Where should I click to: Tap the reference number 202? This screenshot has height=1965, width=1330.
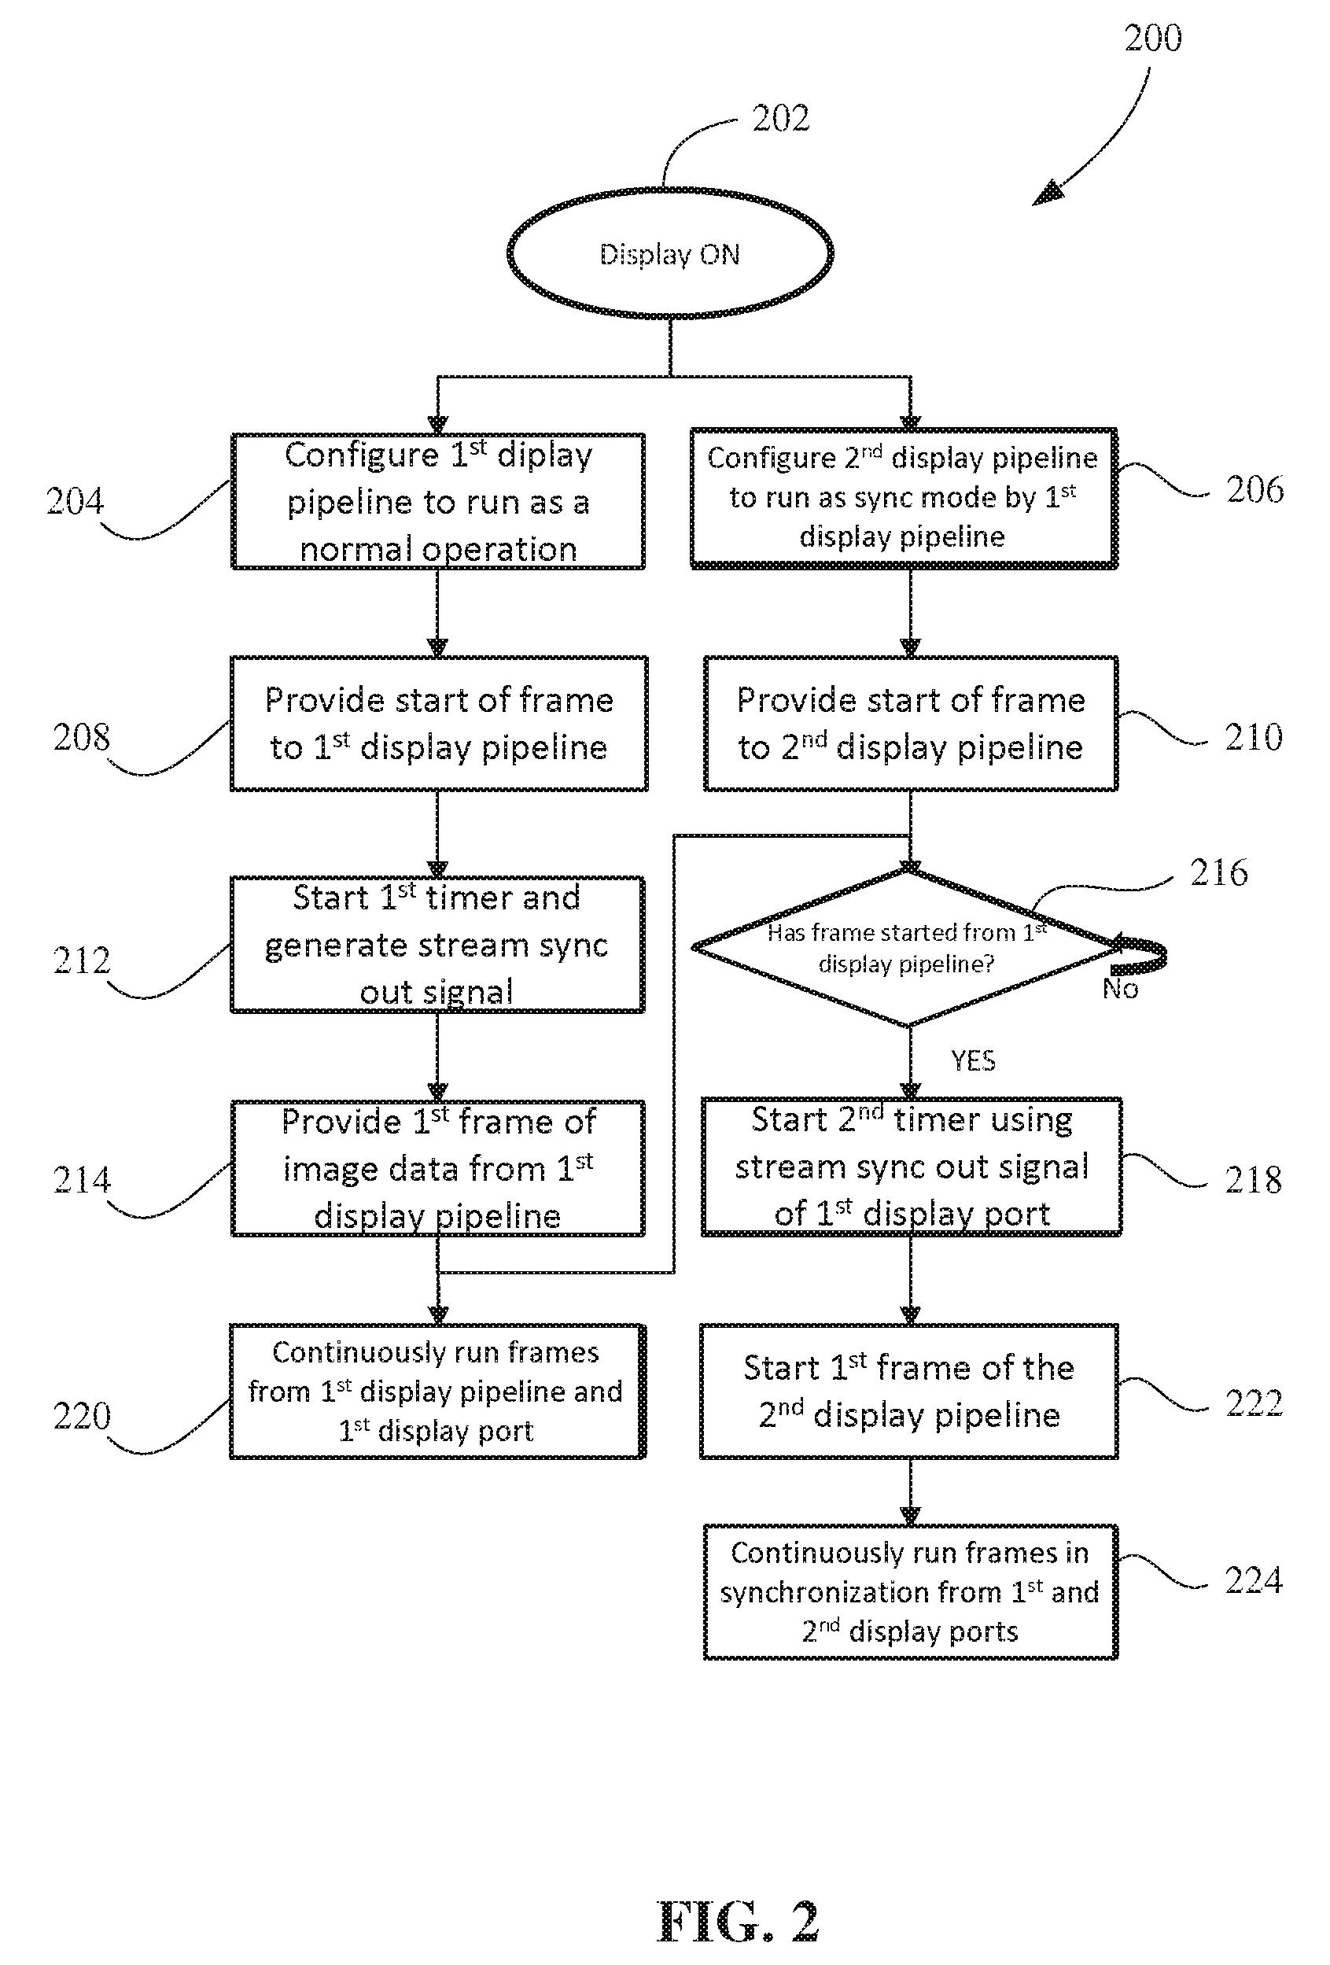780,118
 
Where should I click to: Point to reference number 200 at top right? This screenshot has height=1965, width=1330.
1152,38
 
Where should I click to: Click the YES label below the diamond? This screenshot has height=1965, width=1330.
973,1060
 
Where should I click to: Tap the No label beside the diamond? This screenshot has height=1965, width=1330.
1120,989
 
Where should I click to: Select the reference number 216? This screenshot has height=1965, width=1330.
1218,872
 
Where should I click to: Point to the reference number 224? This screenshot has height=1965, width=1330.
1254,1580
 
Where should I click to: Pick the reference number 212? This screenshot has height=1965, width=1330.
82,960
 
